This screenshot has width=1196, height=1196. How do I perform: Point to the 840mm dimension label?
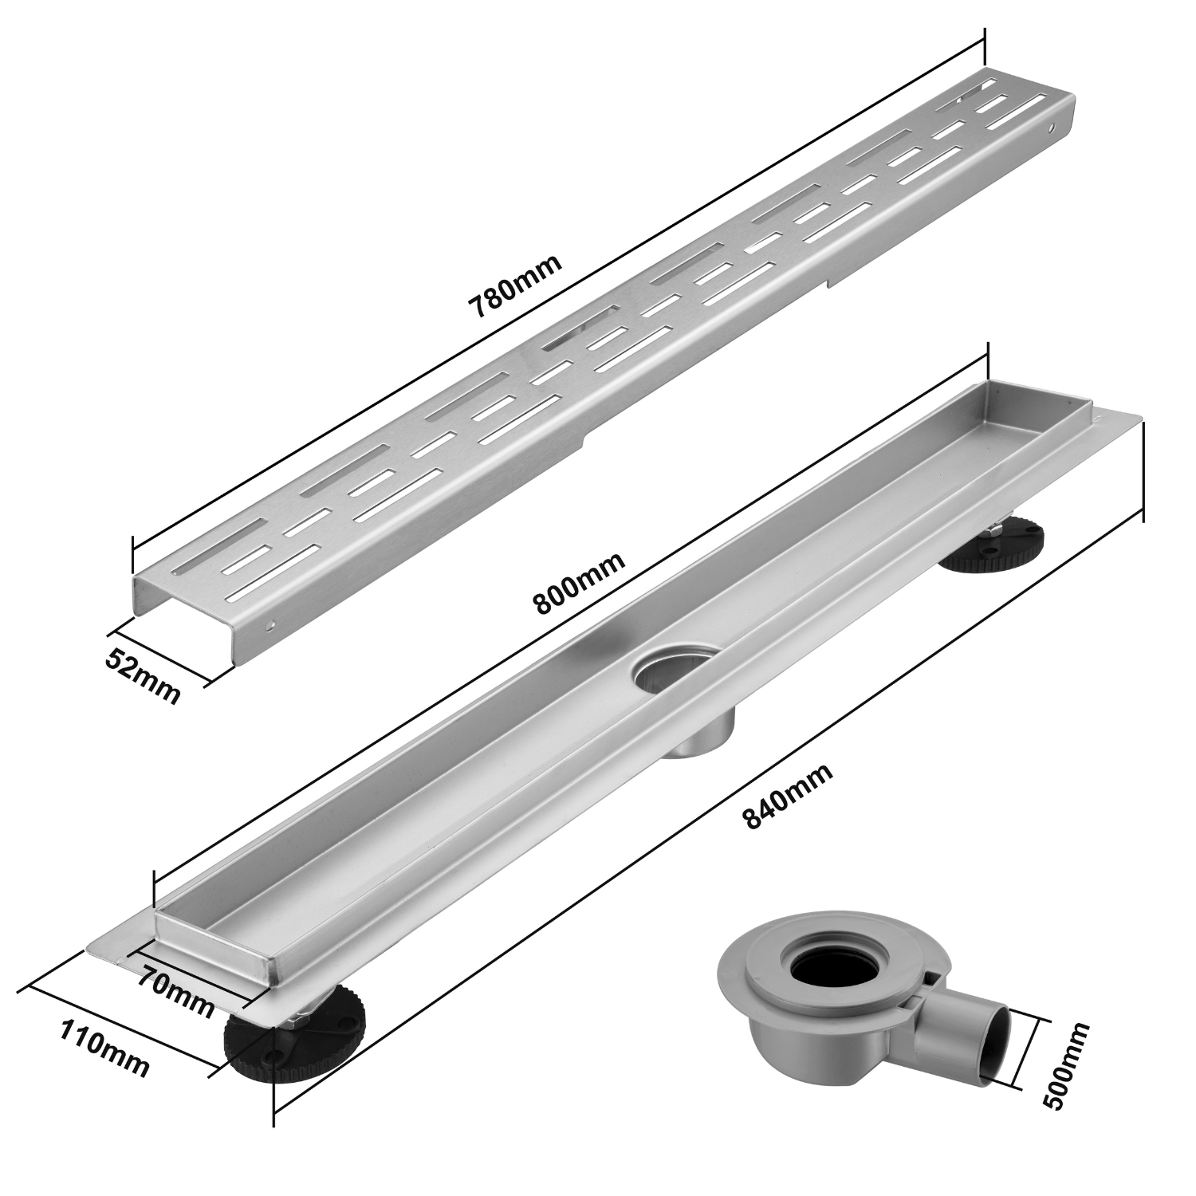(x=788, y=797)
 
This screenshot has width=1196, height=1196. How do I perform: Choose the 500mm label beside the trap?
(x=1064, y=1064)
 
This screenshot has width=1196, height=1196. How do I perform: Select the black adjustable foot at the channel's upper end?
(x=989, y=542)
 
